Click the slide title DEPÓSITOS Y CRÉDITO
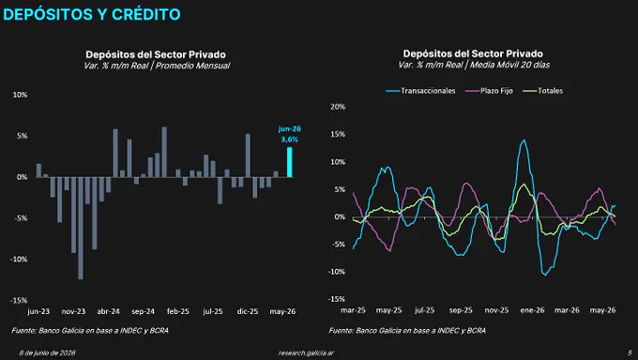tap(92, 15)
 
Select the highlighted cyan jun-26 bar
tap(290, 162)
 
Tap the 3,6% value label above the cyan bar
tap(289, 140)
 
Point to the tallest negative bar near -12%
tap(81, 228)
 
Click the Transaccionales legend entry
tap(420, 91)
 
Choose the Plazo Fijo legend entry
tap(490, 91)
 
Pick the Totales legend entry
tap(543, 91)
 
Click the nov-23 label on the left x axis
tap(73, 311)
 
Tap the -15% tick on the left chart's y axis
tap(19, 301)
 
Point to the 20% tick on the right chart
tap(338, 107)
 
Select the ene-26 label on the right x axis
tap(532, 310)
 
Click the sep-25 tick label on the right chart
tap(461, 310)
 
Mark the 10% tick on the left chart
tap(20, 95)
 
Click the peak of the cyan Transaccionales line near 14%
tap(524, 141)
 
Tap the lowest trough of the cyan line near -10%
tap(545, 275)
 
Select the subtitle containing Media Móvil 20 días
tap(474, 65)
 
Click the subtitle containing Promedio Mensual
tap(157, 66)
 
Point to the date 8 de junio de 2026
tap(48, 353)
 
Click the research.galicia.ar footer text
tap(306, 353)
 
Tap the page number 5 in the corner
tap(630, 352)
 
